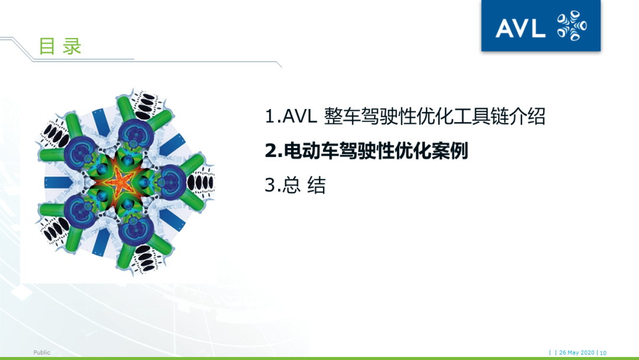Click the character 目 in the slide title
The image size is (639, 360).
coord(47,46)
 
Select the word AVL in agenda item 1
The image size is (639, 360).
coord(302,117)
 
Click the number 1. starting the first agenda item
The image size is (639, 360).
coord(273,117)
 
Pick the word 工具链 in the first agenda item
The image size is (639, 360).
coord(473,117)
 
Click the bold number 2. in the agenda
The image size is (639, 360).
coord(274,151)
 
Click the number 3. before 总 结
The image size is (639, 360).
coord(273,185)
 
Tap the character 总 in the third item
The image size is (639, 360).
coord(292,185)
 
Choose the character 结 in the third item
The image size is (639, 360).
coord(317,185)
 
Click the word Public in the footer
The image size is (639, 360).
coord(42,353)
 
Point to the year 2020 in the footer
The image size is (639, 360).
coord(588,353)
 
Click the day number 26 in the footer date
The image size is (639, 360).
coord(563,353)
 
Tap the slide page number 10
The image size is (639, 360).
coord(603,353)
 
